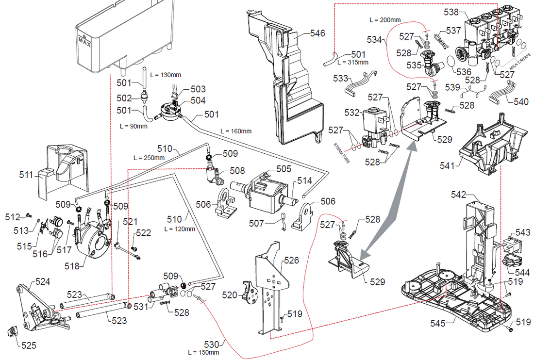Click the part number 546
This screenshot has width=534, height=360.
tap(317, 33)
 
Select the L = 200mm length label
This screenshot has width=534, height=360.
tap(385, 20)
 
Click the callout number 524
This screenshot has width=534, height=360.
tap(42, 281)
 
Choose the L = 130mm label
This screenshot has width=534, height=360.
tap(166, 74)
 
